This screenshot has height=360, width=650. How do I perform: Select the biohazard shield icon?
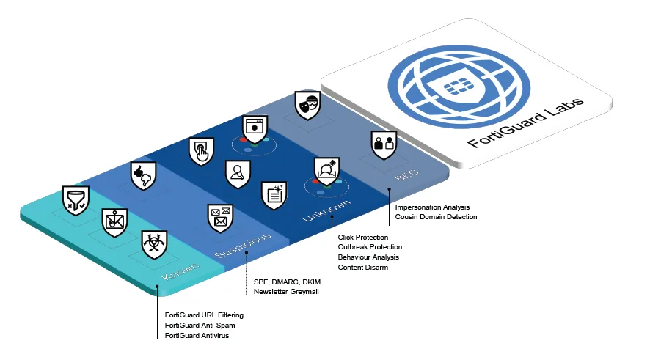[154, 244]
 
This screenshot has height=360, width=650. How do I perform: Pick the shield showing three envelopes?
[220, 218]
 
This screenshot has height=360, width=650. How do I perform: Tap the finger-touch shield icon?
[201, 151]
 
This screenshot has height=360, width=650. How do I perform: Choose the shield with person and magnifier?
[237, 174]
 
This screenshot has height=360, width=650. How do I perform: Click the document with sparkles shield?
[274, 194]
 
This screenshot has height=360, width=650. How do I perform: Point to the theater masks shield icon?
[307, 106]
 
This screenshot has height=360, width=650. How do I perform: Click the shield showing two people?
[384, 144]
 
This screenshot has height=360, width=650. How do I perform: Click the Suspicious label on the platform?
[244, 246]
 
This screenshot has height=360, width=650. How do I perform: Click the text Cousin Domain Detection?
[436, 217]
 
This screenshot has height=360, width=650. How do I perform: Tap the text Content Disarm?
[362, 268]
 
